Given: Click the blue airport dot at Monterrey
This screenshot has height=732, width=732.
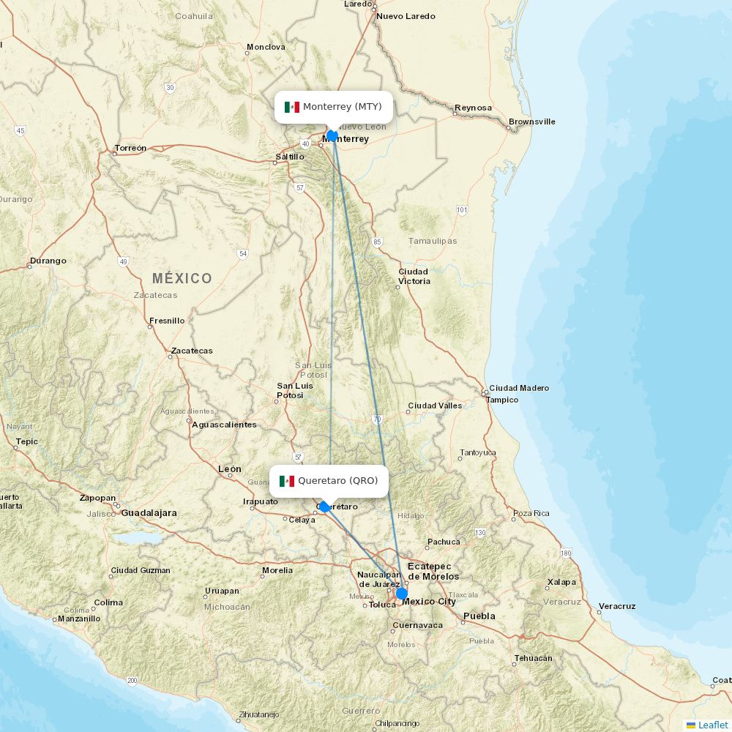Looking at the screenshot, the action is coord(332,135).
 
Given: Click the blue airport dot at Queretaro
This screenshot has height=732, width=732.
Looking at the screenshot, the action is coord(324,507).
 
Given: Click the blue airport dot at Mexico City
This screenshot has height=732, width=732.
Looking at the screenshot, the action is coord(402,593).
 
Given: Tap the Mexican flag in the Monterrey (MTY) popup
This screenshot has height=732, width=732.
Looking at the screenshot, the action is coord(292,107).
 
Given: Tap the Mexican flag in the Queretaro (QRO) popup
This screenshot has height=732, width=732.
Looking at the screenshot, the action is coord(287,481).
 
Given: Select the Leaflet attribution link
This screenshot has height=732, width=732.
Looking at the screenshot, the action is coord(713,725).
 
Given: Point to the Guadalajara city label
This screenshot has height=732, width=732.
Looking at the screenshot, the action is coord(149,513).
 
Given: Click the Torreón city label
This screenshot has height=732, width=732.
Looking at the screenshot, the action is coord(130,148).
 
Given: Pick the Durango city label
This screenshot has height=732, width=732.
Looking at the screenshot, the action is coord(48,261).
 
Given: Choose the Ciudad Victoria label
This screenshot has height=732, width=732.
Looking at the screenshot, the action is coord(414,276).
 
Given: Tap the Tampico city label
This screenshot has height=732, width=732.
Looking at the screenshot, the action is coord(502,400).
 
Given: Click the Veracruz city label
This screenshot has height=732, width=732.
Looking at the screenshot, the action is coord(617,606).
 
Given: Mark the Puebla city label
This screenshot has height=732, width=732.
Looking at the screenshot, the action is coord(479,616).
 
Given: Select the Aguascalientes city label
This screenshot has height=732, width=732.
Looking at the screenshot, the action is coord(224,425).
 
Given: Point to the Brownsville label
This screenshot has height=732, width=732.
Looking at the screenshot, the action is coord(532,122).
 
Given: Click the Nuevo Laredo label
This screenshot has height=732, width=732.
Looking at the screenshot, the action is coord(406,16).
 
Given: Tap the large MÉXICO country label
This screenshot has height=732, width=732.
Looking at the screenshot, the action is coord(182,278).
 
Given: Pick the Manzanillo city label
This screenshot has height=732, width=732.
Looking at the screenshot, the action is coord(79,619).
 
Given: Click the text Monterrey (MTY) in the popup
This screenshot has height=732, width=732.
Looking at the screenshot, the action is coord(343,107).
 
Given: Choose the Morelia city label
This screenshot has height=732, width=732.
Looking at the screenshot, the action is coord(277,570).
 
